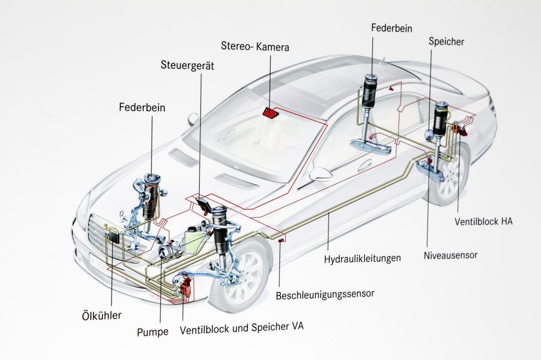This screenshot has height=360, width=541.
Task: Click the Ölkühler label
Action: pyautogui.click(x=102, y=316)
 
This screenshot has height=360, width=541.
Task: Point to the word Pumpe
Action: pyautogui.click(x=153, y=332)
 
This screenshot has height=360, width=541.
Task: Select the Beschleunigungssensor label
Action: pyautogui.click(x=325, y=293)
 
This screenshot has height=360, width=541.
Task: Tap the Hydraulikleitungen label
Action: pyautogui.click(x=362, y=259)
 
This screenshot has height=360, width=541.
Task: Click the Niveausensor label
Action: pyautogui.click(x=450, y=255)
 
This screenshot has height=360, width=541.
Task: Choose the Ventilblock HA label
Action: pyautogui.click(x=483, y=221)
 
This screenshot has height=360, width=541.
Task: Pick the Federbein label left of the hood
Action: pyautogui.click(x=142, y=108)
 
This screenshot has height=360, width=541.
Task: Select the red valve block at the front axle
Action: pyautogui.click(x=185, y=288)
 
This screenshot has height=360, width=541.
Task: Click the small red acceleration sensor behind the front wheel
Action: pyautogui.click(x=281, y=241)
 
